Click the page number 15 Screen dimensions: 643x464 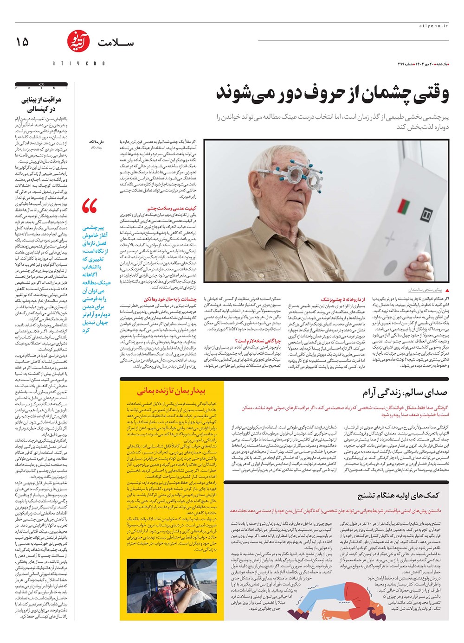[x=22, y=42]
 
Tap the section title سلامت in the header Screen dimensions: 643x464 [x=116, y=43]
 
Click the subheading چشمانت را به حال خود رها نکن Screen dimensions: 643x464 [x=170, y=299]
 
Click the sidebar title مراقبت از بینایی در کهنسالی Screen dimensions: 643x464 [x=41, y=104]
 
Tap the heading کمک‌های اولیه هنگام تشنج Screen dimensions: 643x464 [x=398, y=496]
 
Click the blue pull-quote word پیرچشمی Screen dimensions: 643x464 [x=93, y=228]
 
